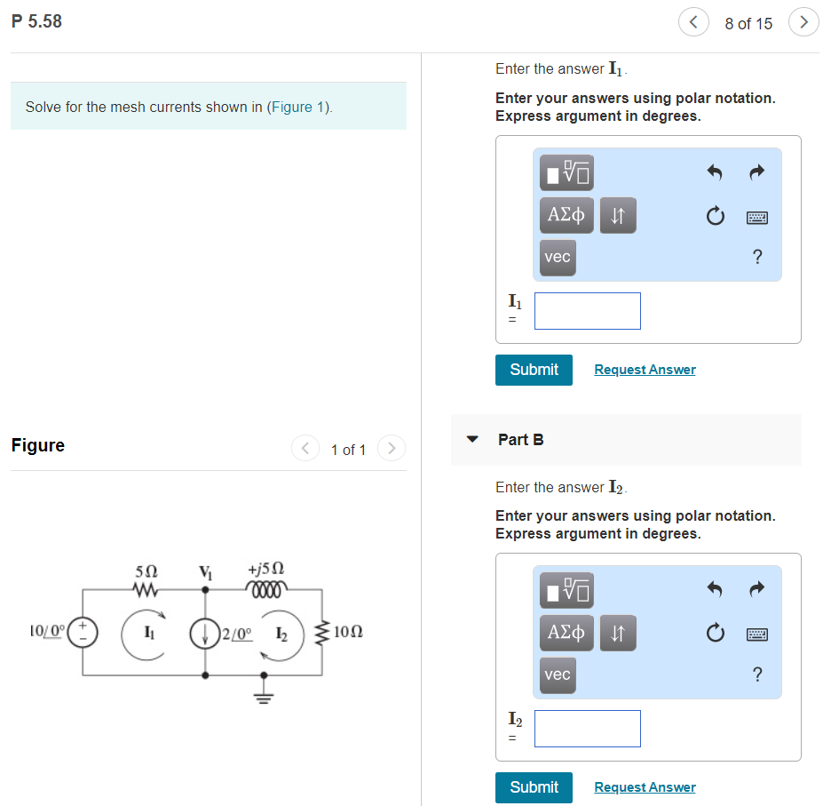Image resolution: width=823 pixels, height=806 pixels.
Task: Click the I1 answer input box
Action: click(x=587, y=311)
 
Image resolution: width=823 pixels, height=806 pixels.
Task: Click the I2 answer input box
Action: click(x=587, y=729)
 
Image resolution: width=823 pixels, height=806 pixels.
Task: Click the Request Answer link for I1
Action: click(x=645, y=370)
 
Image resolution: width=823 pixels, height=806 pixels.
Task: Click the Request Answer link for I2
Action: click(x=645, y=787)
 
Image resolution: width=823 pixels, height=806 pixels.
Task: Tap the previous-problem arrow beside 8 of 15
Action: click(x=692, y=23)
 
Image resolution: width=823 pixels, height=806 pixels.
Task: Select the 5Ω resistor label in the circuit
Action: click(x=145, y=570)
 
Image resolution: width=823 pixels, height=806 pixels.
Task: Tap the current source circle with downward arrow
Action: click(x=205, y=633)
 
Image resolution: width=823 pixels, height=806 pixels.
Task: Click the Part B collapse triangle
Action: click(x=473, y=439)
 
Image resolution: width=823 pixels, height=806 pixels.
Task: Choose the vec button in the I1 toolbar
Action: click(x=558, y=257)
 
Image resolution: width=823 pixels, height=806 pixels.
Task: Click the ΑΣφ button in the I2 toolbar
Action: click(x=566, y=632)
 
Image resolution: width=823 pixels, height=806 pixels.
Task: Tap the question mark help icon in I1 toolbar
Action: click(x=756, y=257)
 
